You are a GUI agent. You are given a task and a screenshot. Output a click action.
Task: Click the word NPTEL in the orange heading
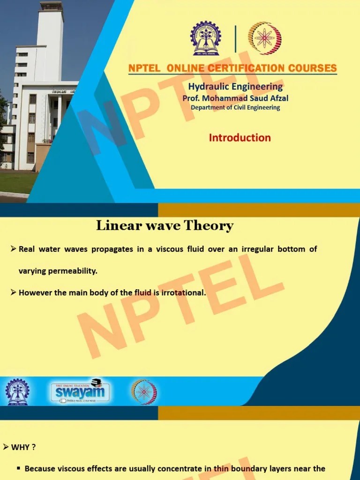click(x=145, y=68)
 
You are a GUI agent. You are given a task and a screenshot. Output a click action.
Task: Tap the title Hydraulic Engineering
click(x=235, y=86)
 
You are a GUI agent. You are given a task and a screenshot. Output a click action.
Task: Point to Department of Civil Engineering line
click(x=235, y=107)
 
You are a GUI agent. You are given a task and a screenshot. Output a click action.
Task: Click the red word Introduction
click(x=240, y=138)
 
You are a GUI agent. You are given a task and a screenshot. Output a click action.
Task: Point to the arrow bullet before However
click(x=14, y=292)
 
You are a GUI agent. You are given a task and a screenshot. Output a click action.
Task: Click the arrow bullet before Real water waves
click(x=14, y=249)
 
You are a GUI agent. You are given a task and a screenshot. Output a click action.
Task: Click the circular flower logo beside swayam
click(x=144, y=392)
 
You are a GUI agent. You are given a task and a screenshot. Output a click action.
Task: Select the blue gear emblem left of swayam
click(x=17, y=392)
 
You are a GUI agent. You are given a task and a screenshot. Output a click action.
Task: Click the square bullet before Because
click(x=19, y=468)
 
